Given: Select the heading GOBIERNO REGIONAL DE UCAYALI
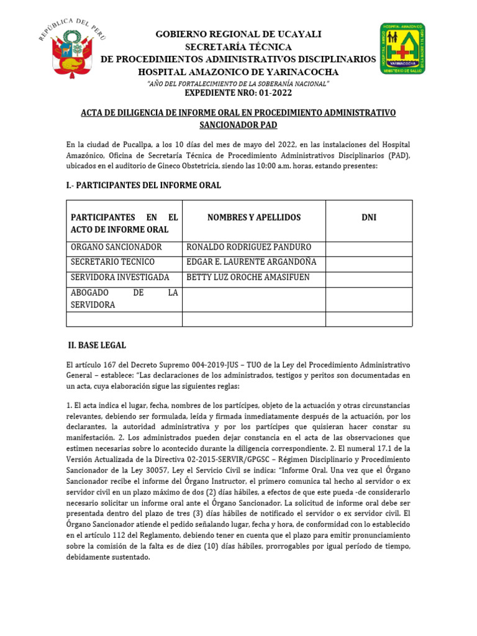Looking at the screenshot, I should [238, 34].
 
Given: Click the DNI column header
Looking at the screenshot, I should [368, 217].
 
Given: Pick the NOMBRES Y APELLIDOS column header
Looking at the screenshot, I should [253, 217].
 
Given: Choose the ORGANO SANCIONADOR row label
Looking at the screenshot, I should [116, 247].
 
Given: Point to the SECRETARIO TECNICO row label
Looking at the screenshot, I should [112, 262].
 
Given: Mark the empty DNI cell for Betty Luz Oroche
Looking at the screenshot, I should [368, 278].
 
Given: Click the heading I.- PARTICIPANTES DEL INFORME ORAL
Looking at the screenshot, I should [143, 185].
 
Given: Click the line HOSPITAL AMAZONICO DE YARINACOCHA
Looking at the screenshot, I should [238, 71].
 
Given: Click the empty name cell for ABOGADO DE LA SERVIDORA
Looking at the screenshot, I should [253, 299].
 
